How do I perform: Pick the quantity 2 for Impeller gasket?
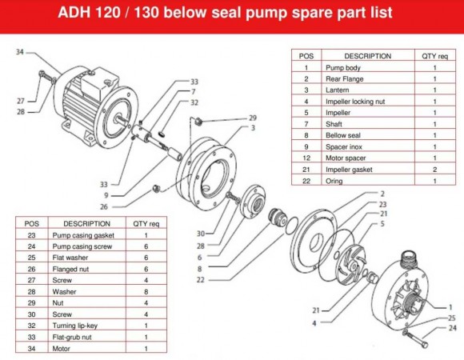point(434,170)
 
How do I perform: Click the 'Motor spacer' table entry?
point(345,158)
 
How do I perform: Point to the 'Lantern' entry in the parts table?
point(338,90)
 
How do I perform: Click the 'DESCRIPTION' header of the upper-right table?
point(367,57)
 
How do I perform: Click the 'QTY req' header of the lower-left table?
point(146,223)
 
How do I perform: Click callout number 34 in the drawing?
point(21,52)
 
